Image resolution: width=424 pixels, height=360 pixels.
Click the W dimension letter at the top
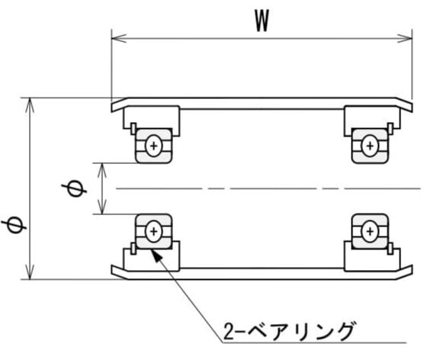(262, 21)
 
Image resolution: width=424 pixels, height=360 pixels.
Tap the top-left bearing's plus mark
(153, 146)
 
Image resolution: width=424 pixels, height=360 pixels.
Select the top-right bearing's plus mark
(370, 146)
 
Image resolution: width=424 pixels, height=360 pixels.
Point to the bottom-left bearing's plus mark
(153, 231)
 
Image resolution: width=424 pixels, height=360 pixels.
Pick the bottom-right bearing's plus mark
(370, 231)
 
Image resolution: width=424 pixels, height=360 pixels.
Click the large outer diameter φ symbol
(14, 225)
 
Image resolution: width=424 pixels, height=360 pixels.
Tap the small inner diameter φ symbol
(74, 188)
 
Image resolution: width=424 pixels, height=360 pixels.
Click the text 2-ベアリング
(288, 330)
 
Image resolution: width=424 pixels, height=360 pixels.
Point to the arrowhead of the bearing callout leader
(156, 255)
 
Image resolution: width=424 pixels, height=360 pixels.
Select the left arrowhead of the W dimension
(119, 38)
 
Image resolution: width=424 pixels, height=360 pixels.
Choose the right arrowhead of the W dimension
(405, 38)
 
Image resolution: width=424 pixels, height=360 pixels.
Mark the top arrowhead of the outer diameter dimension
(30, 105)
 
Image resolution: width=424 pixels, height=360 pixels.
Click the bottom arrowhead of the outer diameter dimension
(30, 272)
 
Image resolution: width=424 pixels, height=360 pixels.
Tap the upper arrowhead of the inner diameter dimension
(102, 170)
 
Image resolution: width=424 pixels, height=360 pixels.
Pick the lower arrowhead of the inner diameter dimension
(102, 207)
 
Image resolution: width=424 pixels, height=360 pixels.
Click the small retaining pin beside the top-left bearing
(133, 129)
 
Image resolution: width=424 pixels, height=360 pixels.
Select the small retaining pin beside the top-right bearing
(390, 129)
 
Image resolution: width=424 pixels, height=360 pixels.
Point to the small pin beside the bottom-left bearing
(133, 249)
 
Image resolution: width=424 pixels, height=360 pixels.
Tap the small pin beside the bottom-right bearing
(390, 249)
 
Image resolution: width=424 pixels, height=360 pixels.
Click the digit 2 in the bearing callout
(229, 331)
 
